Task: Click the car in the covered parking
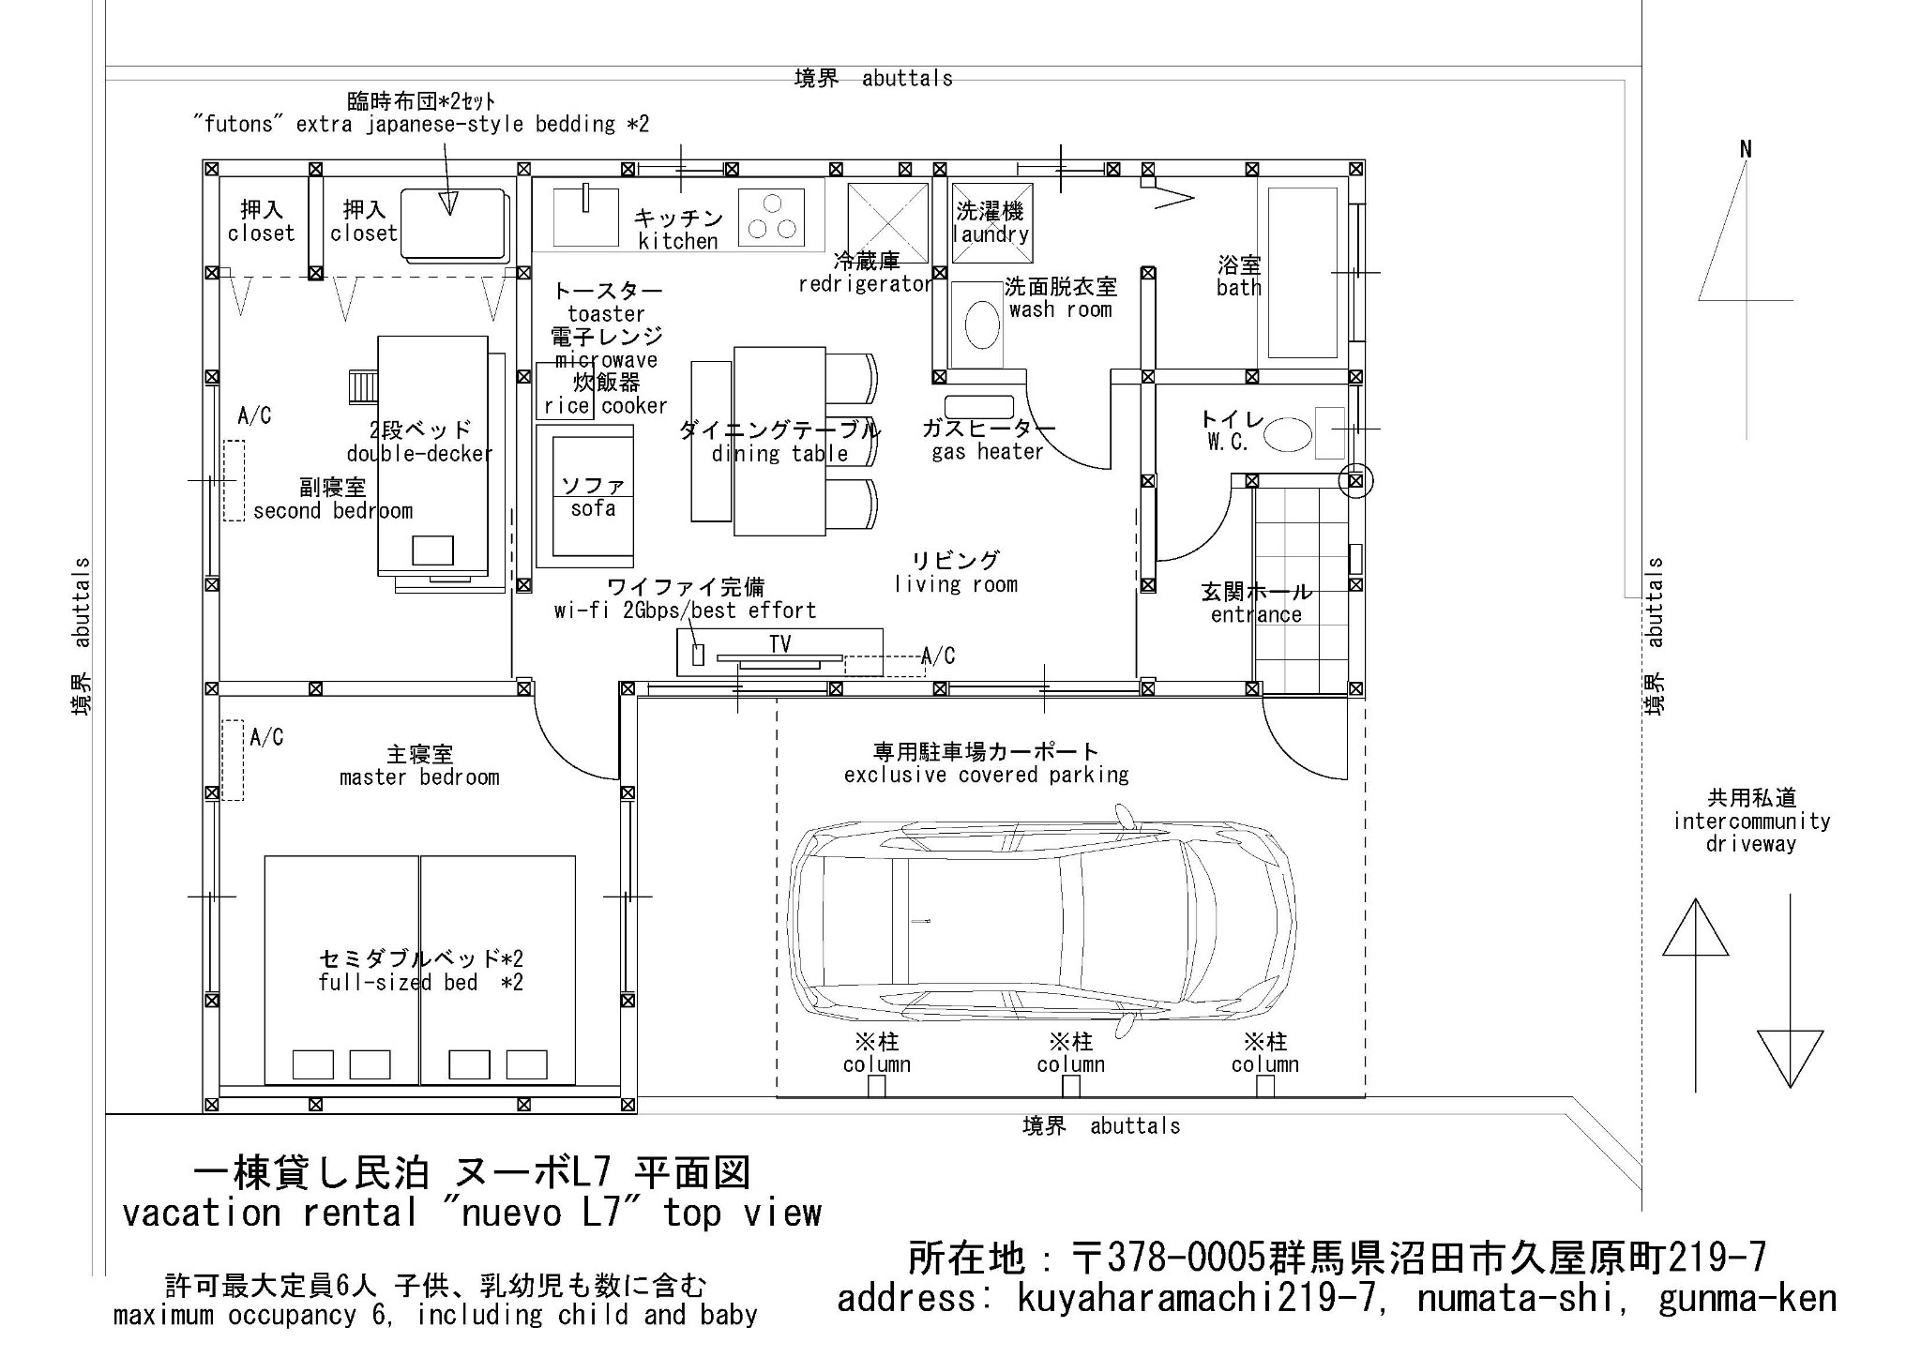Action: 1041,923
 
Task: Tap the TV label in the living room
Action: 779,644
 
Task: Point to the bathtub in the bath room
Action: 1302,273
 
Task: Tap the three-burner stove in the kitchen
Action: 772,218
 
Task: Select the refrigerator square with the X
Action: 887,223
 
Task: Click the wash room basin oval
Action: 982,324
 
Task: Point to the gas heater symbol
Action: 978,407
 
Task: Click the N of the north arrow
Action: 1746,149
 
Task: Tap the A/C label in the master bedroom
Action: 266,738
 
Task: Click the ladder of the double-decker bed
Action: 362,385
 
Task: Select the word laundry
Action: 991,234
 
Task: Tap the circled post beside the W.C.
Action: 1354,481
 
